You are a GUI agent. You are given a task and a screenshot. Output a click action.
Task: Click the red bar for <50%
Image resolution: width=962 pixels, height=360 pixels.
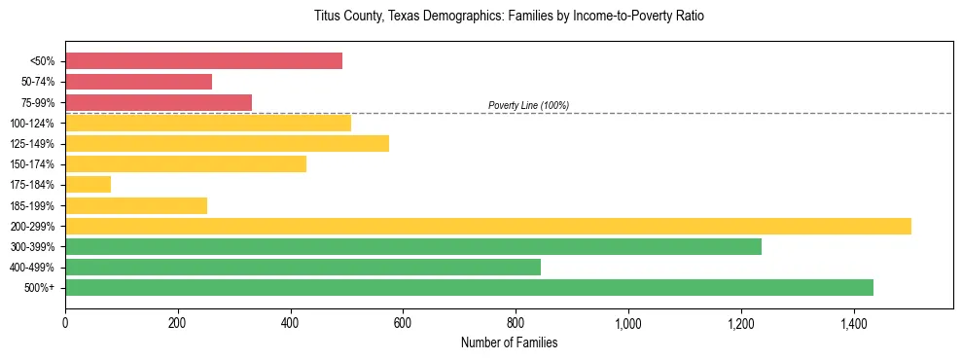(203, 61)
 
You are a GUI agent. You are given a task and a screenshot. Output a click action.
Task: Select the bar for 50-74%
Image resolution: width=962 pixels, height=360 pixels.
(138, 82)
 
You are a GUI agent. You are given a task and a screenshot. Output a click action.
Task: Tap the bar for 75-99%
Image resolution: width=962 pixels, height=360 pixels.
(159, 102)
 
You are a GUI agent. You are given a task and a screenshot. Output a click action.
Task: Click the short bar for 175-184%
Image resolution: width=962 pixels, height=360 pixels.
(88, 185)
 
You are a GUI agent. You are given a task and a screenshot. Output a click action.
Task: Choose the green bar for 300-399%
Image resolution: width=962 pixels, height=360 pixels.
(413, 246)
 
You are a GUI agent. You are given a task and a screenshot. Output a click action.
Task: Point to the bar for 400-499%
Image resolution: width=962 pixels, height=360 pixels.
(303, 268)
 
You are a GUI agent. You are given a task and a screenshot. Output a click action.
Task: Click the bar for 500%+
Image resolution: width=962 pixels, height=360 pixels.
(469, 288)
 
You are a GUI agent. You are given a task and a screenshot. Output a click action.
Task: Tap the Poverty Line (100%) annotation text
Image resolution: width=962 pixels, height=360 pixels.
(528, 105)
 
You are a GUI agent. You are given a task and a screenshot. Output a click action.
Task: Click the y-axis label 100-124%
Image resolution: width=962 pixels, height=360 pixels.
(32, 124)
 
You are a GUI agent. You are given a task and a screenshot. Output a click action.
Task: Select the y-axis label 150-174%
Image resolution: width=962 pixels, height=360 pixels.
(32, 164)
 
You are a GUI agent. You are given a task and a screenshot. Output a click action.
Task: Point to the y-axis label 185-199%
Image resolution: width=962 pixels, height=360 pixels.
(32, 205)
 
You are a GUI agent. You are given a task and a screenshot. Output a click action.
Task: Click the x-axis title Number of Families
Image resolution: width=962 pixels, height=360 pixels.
(509, 342)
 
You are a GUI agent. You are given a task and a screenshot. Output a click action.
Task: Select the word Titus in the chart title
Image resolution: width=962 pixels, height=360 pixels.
(327, 17)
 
